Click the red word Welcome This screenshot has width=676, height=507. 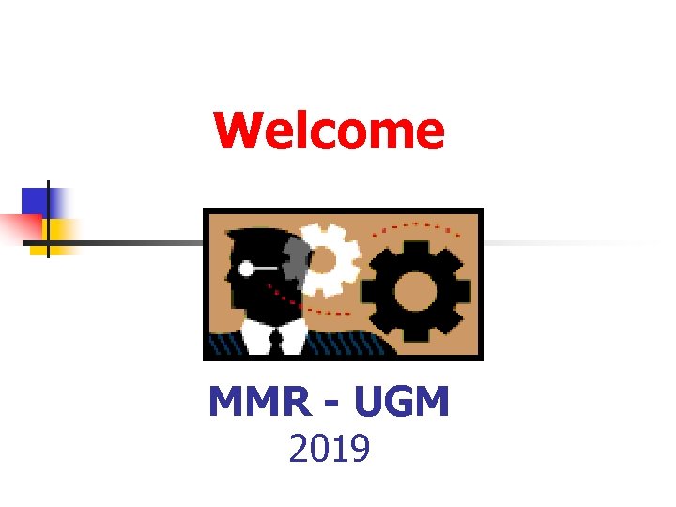(329, 131)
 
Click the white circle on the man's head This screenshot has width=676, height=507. (246, 269)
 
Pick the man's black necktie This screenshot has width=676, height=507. (276, 339)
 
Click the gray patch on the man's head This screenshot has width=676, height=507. (293, 258)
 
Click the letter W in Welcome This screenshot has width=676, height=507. (234, 131)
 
